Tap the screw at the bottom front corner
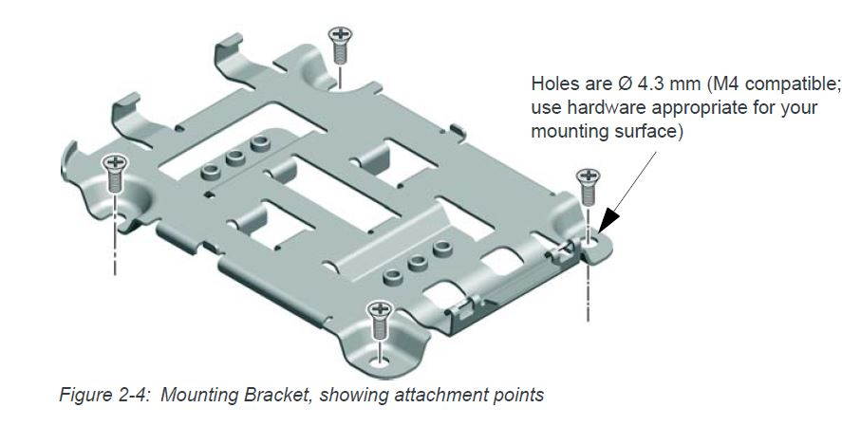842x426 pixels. [x=380, y=317]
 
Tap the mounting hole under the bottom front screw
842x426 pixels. [x=381, y=359]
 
